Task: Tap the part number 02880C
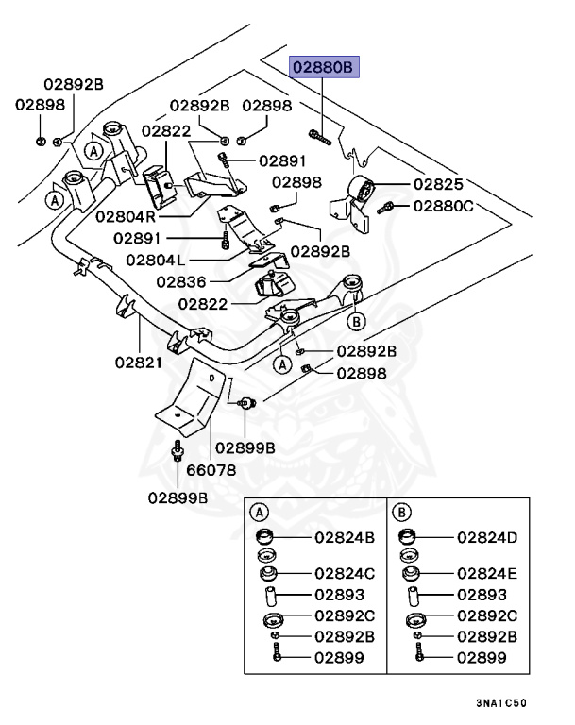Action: coord(440,206)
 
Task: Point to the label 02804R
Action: coord(127,215)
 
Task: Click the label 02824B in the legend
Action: coord(344,538)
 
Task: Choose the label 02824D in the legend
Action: coord(488,538)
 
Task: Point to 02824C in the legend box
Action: coord(344,573)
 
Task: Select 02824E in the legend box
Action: coord(488,573)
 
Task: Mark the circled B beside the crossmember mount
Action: coord(356,322)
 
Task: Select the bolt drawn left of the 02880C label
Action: coord(386,206)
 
